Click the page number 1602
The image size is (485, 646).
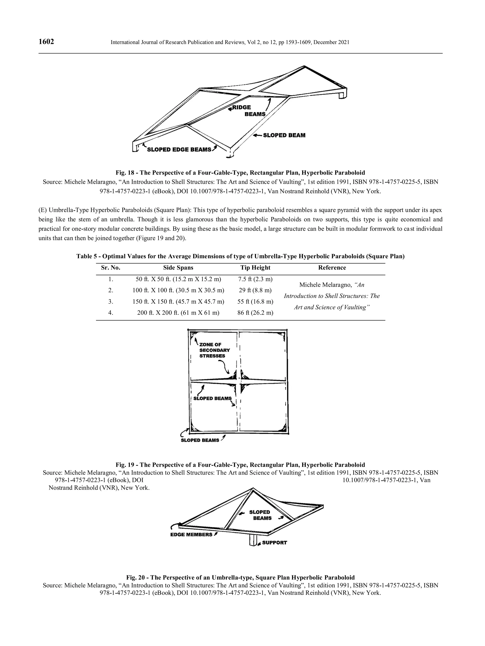(x=46, y=42)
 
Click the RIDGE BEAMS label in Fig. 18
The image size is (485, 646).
(x=248, y=111)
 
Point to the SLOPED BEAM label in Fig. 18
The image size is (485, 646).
(x=284, y=135)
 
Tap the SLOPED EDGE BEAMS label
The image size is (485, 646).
(x=179, y=149)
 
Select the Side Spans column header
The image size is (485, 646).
(x=178, y=268)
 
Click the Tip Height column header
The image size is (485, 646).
(x=255, y=268)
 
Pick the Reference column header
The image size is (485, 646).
(x=332, y=268)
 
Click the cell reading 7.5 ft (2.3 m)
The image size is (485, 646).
(x=255, y=279)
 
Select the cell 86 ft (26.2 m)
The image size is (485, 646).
(x=255, y=313)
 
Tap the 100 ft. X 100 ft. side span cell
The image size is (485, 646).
(x=178, y=290)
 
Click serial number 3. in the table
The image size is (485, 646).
(x=111, y=301)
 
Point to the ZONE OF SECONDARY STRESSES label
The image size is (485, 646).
(x=214, y=350)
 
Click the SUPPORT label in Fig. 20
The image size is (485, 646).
(x=274, y=543)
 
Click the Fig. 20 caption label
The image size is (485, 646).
(x=240, y=577)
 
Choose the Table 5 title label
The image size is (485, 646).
(x=240, y=256)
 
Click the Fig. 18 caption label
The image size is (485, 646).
(x=240, y=173)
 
